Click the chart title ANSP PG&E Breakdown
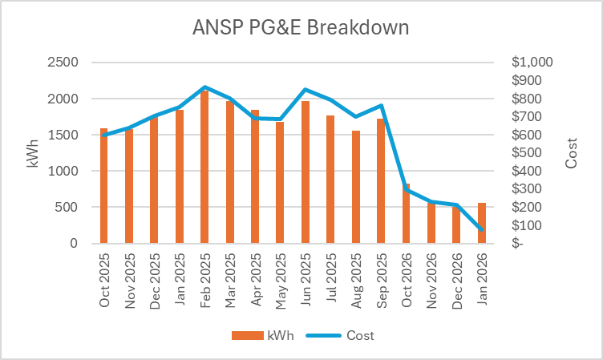click(301, 28)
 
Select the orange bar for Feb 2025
click(204, 167)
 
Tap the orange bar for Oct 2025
click(104, 186)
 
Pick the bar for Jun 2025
click(305, 172)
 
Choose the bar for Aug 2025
click(355, 187)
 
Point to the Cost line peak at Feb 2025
click(204, 87)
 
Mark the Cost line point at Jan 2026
click(481, 230)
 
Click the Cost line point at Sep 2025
click(380, 106)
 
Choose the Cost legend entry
click(349, 335)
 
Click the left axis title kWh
click(33, 152)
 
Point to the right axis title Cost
click(572, 152)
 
